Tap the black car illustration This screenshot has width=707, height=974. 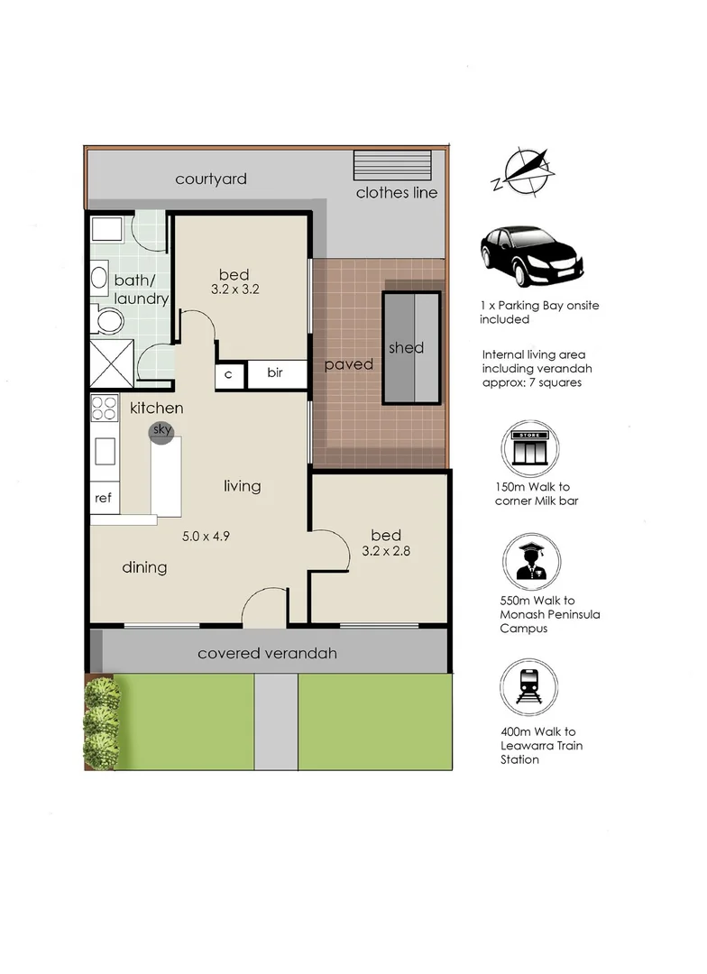pos(531,255)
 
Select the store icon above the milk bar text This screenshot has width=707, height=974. pos(530,448)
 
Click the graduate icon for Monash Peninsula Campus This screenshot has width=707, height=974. pos(531,562)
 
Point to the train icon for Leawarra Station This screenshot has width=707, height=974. pos(528,687)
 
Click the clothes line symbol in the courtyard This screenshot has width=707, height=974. pos(392,165)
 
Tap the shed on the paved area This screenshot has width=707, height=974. pos(412,347)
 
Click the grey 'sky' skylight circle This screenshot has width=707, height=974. pos(161,431)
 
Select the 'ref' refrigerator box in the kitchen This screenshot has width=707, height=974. pos(105,497)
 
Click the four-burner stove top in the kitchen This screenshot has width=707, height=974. pos(105,409)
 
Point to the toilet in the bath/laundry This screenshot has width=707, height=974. pos(108,321)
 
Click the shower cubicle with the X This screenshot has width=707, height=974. pos(112,364)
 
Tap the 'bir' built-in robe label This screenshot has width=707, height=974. pos(275,372)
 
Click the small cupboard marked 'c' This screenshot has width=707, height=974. pos(229,374)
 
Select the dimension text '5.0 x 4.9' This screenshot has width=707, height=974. pos(206,536)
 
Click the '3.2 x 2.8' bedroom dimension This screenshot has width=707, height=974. pos(386,551)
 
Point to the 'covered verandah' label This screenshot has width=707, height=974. pos(267,654)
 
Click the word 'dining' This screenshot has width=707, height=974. pos(144,568)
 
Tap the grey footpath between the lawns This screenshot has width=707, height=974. pos(276,721)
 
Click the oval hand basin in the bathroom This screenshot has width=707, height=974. pos(99,277)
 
